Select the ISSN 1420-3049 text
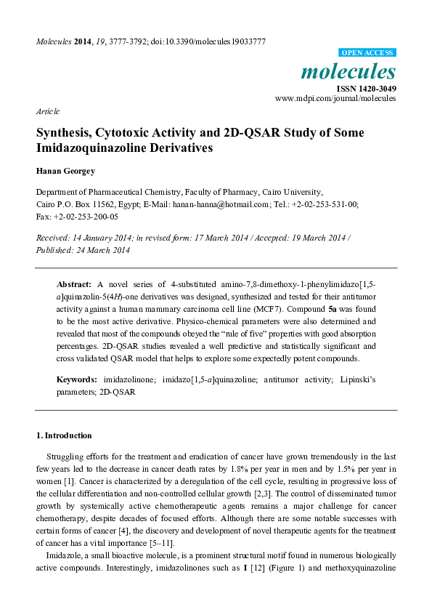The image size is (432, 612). pyautogui.click(x=365, y=88)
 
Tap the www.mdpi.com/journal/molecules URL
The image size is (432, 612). pyautogui.click(x=335, y=97)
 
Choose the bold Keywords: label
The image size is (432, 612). pyautogui.click(x=77, y=380)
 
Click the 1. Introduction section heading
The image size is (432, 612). pyautogui.click(x=64, y=435)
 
